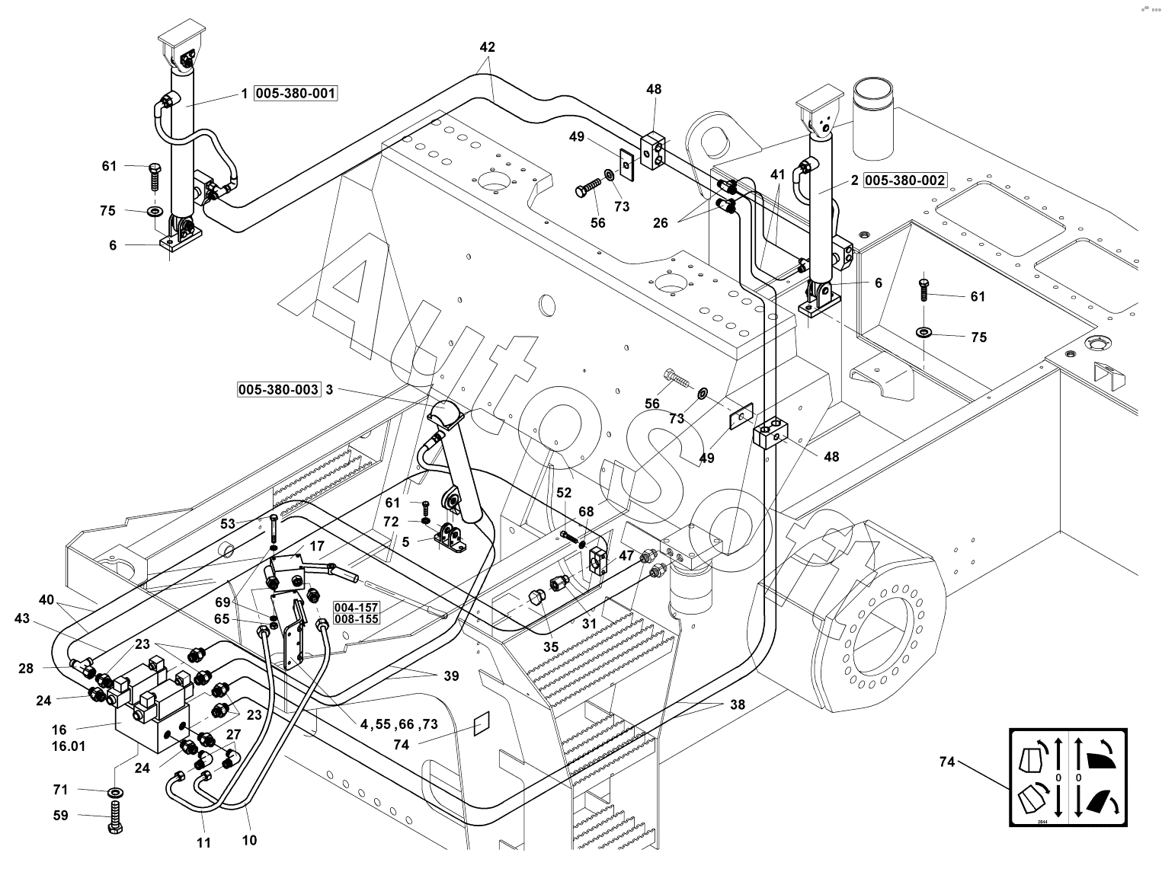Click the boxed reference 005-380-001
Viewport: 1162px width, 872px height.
tap(295, 94)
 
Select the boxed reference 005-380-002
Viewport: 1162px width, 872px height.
tap(905, 180)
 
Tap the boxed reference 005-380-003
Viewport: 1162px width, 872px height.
tap(278, 389)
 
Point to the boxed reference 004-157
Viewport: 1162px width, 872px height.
tap(356, 607)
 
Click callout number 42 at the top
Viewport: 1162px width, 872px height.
tap(487, 47)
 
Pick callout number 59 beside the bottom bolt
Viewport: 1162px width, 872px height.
tap(61, 815)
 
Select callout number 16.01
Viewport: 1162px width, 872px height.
tap(68, 746)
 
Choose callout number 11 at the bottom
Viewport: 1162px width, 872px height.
tap(203, 843)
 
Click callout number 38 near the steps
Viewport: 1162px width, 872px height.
tap(737, 705)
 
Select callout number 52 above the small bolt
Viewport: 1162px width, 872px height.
tap(563, 493)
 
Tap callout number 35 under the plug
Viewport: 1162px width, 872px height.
tap(551, 647)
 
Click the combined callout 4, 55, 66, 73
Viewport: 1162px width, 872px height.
tap(399, 724)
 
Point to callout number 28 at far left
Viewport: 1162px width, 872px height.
tap(26, 668)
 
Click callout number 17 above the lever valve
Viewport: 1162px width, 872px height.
tap(317, 546)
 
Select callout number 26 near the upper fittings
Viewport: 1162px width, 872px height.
tap(660, 222)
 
